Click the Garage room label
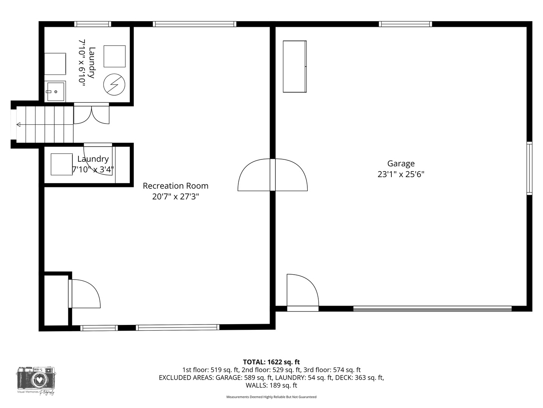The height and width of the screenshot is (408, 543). pos(401,164)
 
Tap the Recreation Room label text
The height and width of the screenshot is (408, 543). pos(175,186)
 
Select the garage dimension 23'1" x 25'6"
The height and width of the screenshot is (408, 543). pos(401,174)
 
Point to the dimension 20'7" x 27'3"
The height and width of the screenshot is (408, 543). pos(175,196)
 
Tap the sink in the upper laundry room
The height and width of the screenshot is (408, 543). pos(55,91)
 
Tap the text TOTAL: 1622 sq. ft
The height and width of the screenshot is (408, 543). pos(271,362)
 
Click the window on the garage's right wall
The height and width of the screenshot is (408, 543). pos(529,168)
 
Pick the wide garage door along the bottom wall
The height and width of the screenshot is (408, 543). pos(432,309)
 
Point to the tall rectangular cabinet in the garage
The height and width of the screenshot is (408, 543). pos(295,66)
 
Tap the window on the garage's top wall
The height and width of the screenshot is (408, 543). pos(405,24)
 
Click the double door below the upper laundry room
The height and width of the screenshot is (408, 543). pos(91,114)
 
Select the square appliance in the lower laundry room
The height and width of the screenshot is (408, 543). pos(61,164)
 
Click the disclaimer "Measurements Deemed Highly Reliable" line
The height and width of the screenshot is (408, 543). pos(271,397)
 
